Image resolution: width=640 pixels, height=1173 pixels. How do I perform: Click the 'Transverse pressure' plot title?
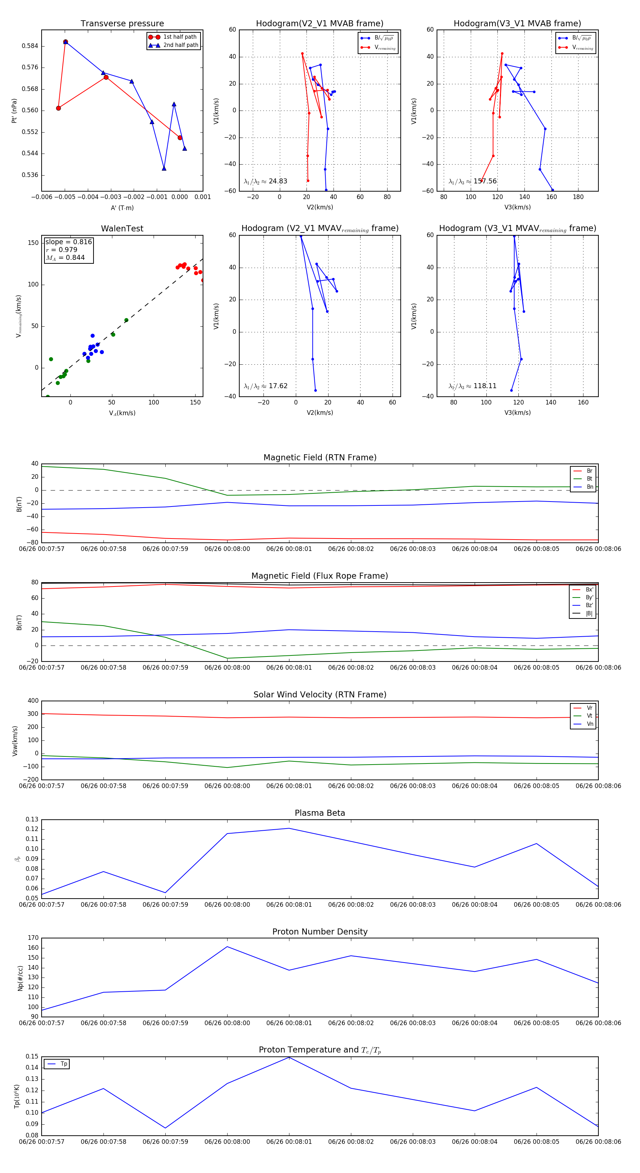coord(122,24)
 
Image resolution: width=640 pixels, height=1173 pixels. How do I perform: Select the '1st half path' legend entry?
coord(180,37)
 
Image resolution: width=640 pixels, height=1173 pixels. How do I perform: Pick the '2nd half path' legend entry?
coord(180,45)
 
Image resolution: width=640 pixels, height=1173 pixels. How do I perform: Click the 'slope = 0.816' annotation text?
coord(68,242)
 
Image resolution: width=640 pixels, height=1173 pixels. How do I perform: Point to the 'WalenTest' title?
coord(122,229)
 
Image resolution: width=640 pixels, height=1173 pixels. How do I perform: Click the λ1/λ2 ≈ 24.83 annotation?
coord(265,181)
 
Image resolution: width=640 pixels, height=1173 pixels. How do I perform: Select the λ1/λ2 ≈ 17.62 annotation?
coord(265,386)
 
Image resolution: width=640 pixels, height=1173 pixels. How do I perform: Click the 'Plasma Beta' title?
coord(320,813)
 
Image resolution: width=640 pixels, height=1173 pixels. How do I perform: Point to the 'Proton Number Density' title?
coord(320,932)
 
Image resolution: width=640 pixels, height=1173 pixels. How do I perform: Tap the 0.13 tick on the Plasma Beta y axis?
coord(32,820)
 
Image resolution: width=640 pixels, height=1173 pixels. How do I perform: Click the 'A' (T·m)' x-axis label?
coord(122,208)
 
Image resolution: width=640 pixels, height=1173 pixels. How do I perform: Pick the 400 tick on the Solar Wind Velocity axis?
coord(33,701)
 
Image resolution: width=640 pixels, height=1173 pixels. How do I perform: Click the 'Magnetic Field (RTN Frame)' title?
coord(320,457)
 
